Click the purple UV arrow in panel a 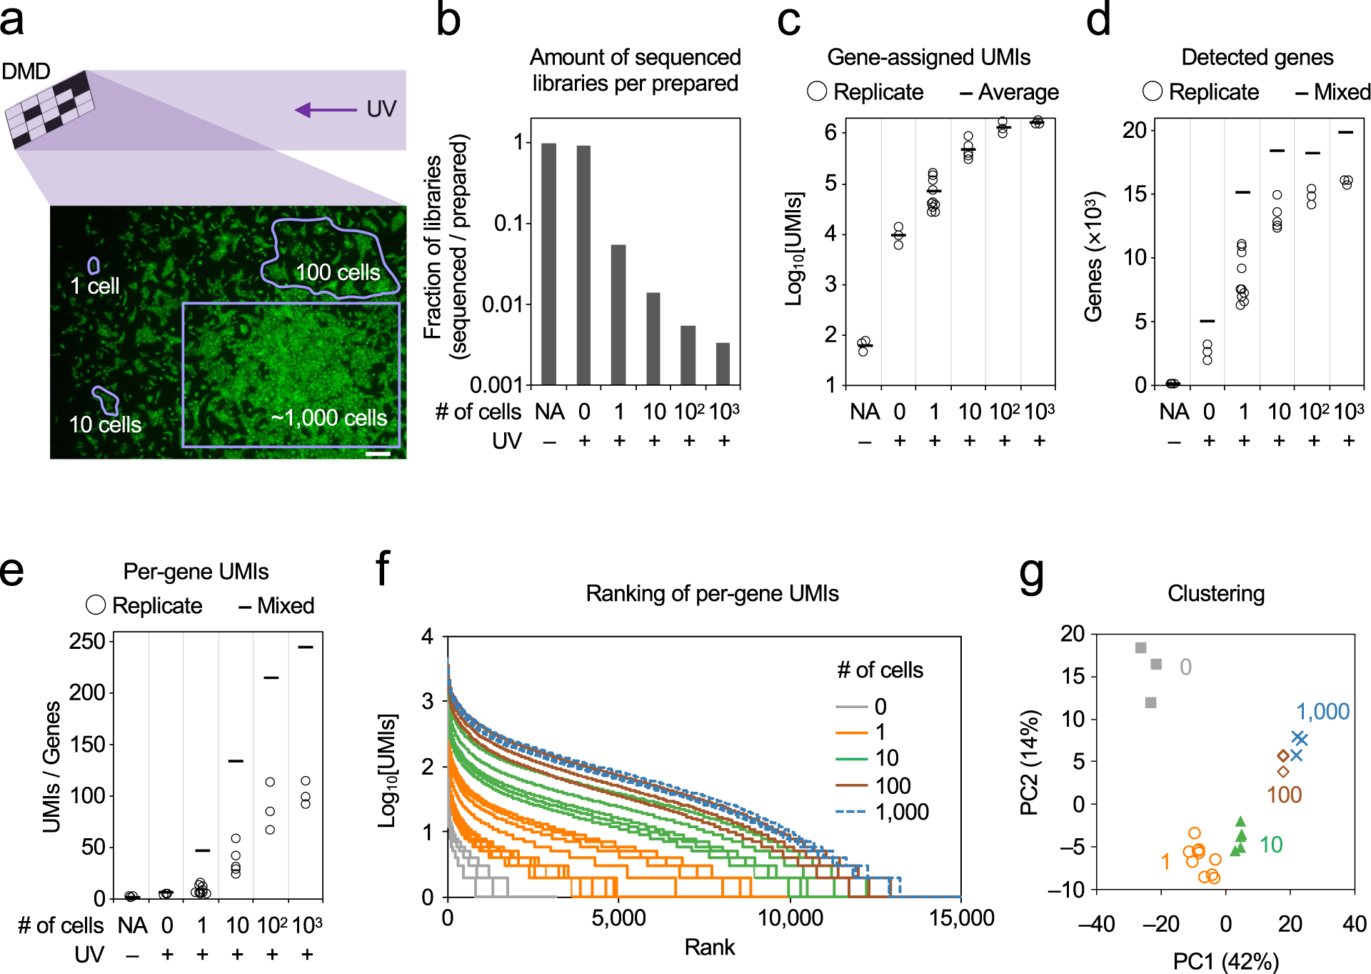coord(326,110)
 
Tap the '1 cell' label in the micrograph coord(94,287)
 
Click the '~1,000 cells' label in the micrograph coord(329,418)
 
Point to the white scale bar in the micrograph coord(378,453)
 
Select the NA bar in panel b coord(548,264)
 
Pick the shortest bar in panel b coord(723,364)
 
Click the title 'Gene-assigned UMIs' coord(928,57)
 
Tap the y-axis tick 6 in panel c coord(830,132)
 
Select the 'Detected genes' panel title coord(1257,57)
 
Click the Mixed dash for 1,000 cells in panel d coord(1345,132)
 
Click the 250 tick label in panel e coord(87,641)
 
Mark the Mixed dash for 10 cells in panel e coord(236,761)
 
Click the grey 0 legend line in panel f coord(850,707)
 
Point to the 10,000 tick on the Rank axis coord(790,918)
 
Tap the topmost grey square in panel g coord(1140,648)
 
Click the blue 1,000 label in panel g coord(1322,712)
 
